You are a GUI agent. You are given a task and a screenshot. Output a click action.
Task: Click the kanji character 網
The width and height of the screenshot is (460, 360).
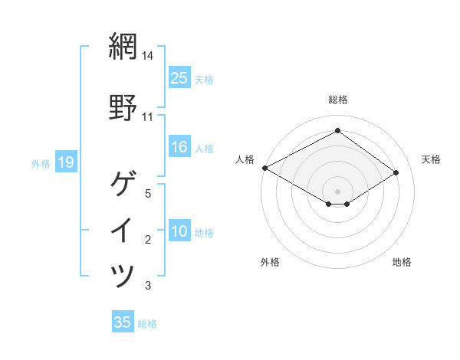(123, 47)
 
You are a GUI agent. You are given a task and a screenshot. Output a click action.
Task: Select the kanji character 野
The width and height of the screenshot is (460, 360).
(123, 107)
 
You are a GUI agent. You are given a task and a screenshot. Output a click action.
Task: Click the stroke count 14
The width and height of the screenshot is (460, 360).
(148, 56)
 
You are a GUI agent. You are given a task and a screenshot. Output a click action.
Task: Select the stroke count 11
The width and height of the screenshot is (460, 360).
(148, 117)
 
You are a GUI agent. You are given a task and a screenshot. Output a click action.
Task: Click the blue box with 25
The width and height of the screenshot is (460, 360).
(179, 77)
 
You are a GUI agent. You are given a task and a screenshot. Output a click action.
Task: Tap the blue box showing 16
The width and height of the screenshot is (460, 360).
(179, 147)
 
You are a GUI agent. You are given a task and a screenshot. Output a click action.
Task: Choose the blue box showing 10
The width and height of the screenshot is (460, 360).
(179, 231)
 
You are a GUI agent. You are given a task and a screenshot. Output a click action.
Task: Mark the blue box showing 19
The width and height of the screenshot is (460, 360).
(65, 162)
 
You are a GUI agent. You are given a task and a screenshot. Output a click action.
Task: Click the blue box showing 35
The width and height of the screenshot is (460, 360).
(123, 322)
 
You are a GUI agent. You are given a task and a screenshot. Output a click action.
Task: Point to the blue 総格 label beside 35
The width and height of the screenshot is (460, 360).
(147, 324)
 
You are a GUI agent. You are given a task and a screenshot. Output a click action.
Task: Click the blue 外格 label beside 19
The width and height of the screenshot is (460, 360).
(41, 163)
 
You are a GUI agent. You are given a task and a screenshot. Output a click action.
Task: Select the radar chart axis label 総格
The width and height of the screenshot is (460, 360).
(338, 100)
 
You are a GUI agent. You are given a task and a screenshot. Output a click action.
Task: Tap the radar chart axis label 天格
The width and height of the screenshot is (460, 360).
(431, 159)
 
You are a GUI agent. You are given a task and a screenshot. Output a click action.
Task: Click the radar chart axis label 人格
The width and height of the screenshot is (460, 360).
(245, 159)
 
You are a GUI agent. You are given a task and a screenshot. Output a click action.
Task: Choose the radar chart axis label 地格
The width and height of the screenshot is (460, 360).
(402, 263)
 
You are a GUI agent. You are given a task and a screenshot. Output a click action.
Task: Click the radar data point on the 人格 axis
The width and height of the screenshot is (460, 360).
(264, 168)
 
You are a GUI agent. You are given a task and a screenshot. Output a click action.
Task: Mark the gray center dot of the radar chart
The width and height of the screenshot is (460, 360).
(337, 191)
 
